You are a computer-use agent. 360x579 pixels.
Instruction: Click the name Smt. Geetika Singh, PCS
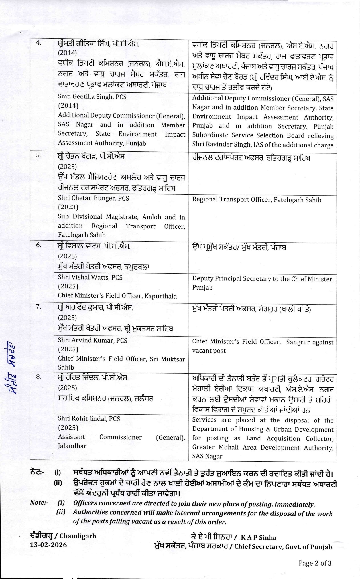(x=92, y=97)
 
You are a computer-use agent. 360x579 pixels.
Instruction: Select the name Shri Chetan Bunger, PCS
(x=93, y=198)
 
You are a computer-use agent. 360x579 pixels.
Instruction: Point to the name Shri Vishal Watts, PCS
(x=90, y=277)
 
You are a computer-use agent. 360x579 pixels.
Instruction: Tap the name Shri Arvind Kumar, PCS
(x=92, y=340)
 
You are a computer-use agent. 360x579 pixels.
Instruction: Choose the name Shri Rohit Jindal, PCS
(x=89, y=418)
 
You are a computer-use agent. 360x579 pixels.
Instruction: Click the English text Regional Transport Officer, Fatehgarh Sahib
(x=257, y=200)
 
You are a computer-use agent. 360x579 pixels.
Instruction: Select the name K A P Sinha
(x=259, y=538)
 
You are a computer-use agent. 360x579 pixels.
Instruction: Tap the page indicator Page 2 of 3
(x=315, y=563)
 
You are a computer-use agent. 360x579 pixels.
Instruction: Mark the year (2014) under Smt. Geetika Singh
(x=68, y=106)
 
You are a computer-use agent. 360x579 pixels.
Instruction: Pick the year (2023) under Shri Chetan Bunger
(x=68, y=207)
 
